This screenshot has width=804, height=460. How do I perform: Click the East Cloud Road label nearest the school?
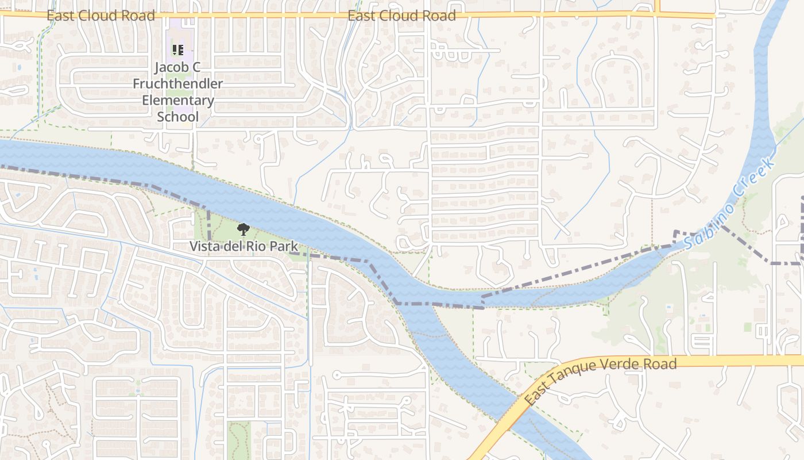tap(100, 16)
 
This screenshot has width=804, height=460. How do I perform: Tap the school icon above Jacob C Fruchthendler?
tap(178, 50)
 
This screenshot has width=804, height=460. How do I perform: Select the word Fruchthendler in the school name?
tap(178, 84)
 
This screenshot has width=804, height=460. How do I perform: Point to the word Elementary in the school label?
tap(178, 101)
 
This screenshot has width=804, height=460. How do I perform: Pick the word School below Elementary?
tap(178, 117)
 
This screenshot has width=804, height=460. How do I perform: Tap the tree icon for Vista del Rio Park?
tap(243, 230)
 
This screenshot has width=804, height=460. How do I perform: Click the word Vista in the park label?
tap(205, 247)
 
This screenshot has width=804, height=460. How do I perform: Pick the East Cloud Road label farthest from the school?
tap(401, 16)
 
